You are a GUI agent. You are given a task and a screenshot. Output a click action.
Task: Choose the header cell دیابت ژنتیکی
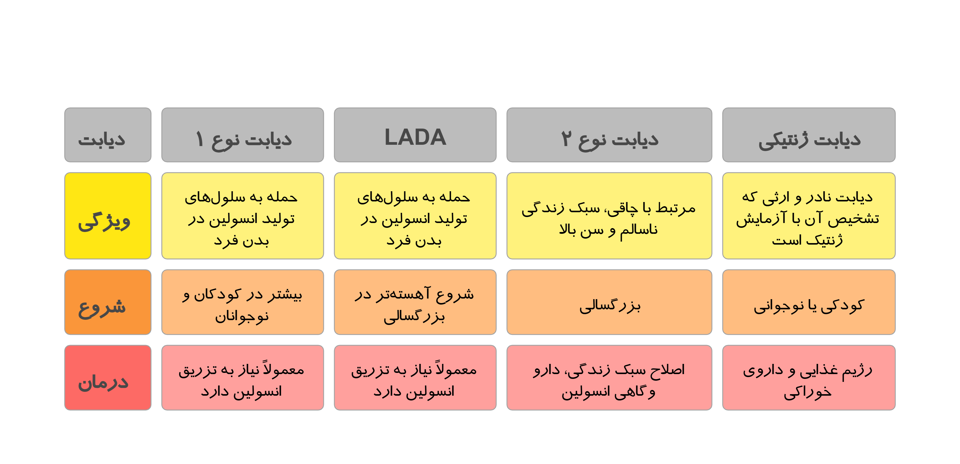[809, 135]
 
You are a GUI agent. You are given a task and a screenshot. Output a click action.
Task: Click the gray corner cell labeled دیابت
[108, 135]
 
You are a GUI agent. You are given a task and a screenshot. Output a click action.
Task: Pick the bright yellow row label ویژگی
[108, 216]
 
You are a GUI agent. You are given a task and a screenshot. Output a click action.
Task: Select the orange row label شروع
[108, 302]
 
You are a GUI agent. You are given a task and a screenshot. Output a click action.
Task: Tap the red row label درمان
[108, 378]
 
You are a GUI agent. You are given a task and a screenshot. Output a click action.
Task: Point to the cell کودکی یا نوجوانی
[809, 302]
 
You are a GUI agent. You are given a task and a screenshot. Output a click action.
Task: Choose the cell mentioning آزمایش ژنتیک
[809, 216]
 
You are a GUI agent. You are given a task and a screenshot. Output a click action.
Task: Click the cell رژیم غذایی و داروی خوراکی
[809, 378]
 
